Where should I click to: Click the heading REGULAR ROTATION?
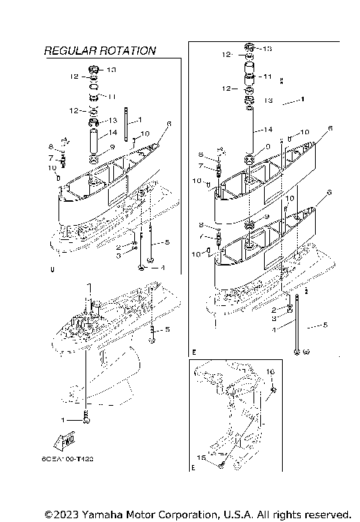100,51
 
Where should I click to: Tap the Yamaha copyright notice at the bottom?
197,514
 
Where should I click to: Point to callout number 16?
271,372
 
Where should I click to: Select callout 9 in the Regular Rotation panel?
112,147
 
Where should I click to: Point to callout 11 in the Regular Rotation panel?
112,97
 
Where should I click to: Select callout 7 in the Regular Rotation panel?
52,158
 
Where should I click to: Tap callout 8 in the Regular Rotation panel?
51,147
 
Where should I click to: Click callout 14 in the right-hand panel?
268,129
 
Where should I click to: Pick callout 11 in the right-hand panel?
267,76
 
